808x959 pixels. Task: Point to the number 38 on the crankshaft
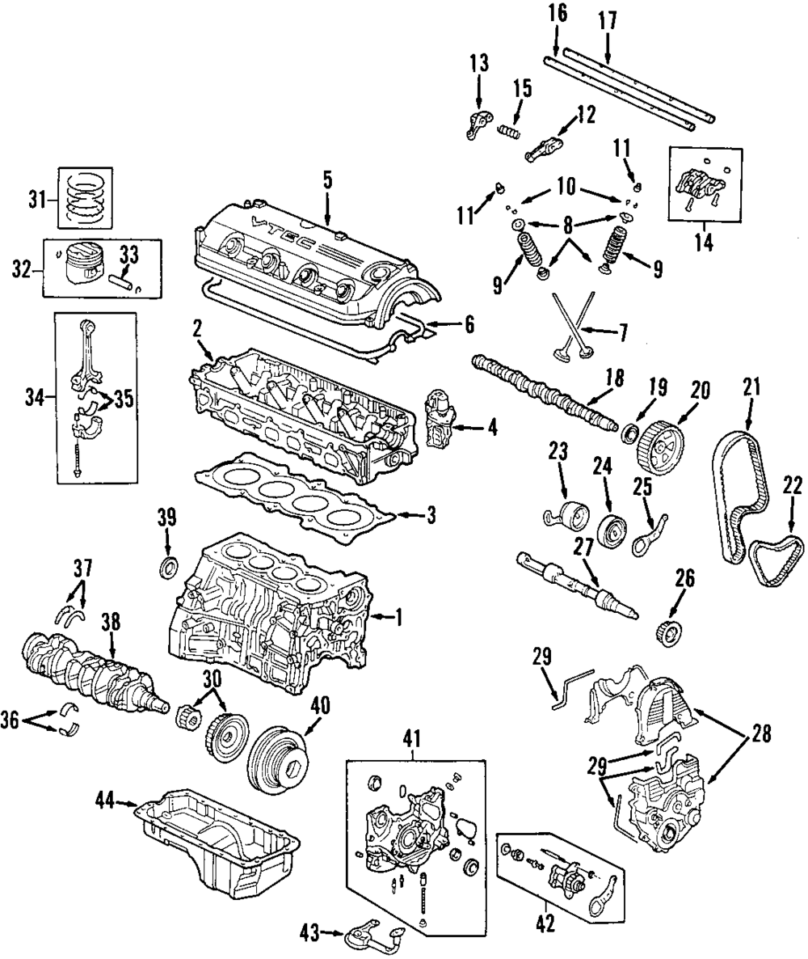pos(112,622)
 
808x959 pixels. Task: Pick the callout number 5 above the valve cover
pos(327,180)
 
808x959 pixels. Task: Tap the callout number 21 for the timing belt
pos(752,388)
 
